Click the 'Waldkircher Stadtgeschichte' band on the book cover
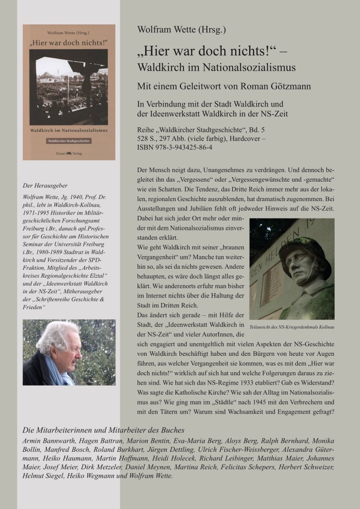(x=69, y=141)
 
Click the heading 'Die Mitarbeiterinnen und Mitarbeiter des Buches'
(x=104, y=430)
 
